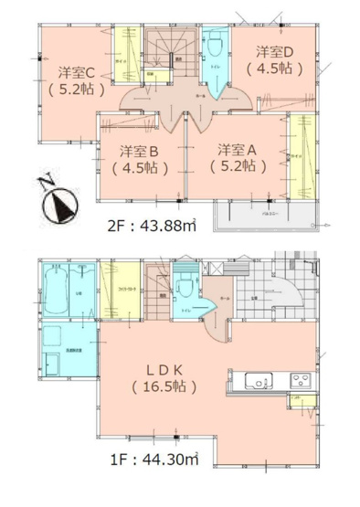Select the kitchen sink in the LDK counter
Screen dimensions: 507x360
(256, 381)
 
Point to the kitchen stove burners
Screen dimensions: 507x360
(300, 380)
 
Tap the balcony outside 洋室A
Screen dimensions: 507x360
(265, 214)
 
